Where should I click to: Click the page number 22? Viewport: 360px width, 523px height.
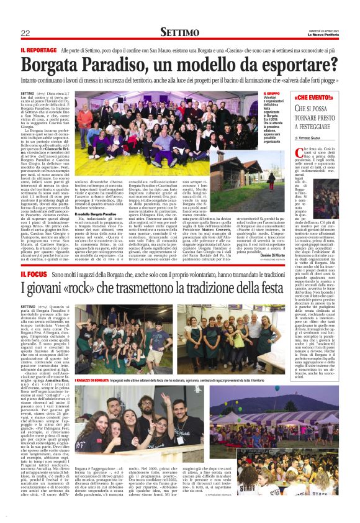click(x=25, y=32)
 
